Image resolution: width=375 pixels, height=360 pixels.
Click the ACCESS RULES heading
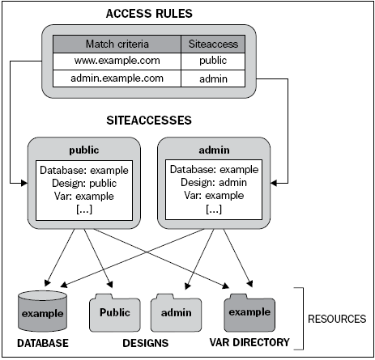149,14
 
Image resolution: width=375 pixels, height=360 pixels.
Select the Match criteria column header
117,44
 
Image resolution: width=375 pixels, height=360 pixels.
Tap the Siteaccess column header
213,44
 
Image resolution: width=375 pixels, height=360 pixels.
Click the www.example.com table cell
117,61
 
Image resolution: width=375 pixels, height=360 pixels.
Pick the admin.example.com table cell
117,78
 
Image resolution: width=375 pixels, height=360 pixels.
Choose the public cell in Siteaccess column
213,61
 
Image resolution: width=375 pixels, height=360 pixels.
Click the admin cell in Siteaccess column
213,78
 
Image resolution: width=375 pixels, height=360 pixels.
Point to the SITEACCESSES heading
149,121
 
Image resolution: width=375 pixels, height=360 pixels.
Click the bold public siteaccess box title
84,150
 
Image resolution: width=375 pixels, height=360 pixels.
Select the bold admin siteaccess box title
214,150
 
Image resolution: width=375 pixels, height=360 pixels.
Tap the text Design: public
84,184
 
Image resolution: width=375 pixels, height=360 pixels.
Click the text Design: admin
214,183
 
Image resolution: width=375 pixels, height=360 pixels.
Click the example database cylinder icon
43,311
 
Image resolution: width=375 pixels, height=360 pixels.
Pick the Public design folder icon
115,313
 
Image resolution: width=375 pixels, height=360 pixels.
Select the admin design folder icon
176,313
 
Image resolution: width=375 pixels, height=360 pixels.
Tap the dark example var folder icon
249,313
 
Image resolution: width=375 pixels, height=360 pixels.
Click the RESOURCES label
337,319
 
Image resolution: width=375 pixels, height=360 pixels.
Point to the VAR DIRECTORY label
249,342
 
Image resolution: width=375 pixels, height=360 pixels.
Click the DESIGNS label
146,343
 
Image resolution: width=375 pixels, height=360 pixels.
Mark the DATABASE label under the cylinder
43,343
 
